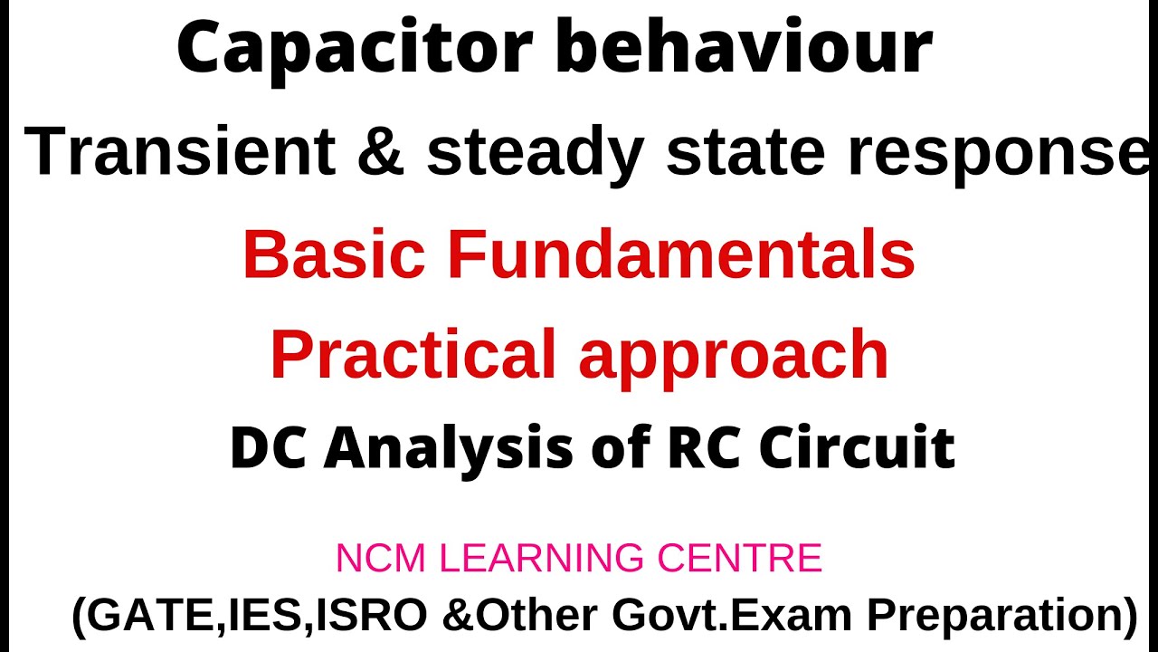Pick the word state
[745, 152]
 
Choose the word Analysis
[449, 449]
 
